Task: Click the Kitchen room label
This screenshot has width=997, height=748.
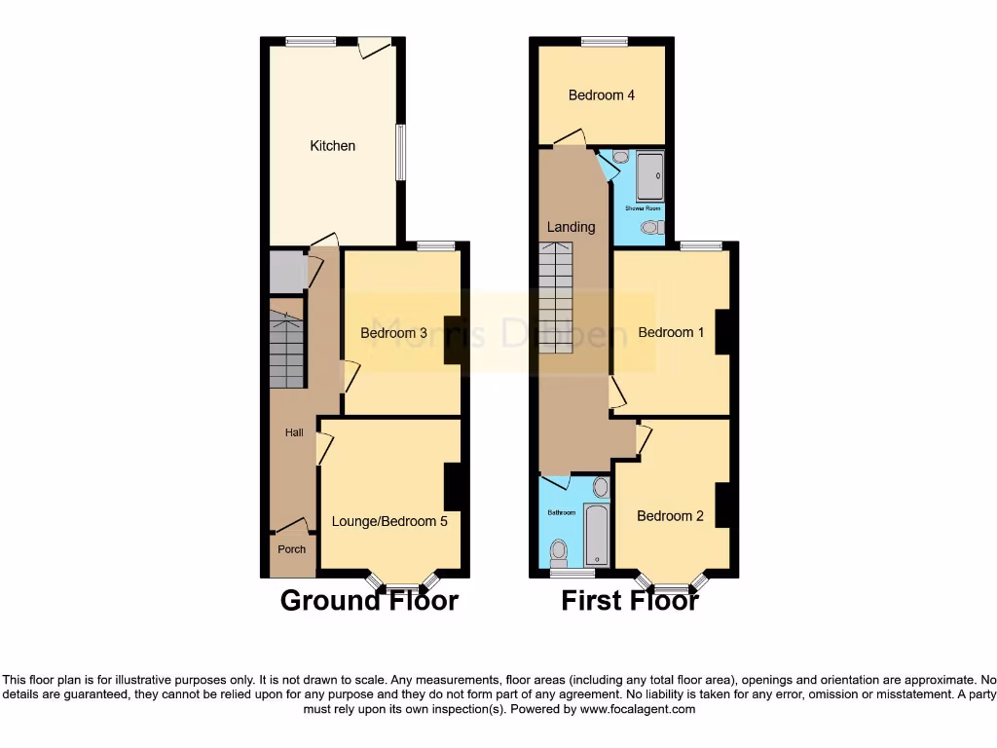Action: [x=332, y=146]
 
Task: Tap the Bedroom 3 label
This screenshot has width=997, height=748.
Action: [x=393, y=333]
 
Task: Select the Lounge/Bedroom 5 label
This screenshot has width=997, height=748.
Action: [x=389, y=521]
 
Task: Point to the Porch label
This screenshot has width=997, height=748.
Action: [x=292, y=549]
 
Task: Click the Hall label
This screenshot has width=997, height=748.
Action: [x=293, y=432]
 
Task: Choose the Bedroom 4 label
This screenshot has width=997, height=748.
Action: [x=602, y=95]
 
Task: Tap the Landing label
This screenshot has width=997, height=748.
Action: [x=571, y=227]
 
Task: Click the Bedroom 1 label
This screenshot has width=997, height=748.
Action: [x=671, y=332]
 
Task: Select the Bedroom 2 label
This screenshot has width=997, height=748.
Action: [x=670, y=516]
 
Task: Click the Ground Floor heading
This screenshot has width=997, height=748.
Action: [x=369, y=600]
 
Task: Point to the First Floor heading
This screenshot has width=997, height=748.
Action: [x=629, y=600]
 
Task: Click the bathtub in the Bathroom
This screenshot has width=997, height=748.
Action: [x=596, y=535]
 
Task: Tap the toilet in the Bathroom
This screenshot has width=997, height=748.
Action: [x=559, y=552]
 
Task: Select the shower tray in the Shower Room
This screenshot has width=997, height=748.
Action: [x=649, y=176]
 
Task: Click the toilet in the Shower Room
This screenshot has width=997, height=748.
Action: [x=651, y=227]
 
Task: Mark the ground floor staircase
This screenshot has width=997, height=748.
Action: [x=286, y=351]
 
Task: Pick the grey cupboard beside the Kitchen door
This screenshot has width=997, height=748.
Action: [x=286, y=273]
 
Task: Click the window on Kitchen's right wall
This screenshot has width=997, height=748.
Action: [x=400, y=153]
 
